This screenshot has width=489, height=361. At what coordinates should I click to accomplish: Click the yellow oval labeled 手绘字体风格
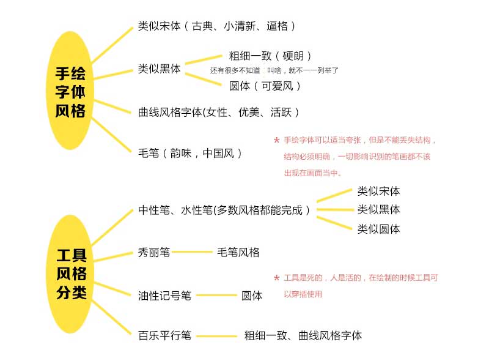70,91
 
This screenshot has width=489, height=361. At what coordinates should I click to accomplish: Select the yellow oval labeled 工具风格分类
70,274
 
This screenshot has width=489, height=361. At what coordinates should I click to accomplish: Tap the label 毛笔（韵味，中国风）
190,154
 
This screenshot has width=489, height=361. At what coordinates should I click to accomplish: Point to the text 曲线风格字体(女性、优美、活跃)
219,112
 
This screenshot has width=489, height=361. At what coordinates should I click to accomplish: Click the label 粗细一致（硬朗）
270,56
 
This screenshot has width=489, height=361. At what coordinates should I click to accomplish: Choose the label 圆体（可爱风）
265,86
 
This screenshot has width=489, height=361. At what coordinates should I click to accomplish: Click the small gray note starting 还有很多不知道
274,70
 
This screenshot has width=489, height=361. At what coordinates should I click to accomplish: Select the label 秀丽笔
154,252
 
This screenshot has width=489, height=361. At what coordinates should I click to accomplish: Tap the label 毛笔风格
238,252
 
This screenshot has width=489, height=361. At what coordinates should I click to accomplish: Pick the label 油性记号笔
164,296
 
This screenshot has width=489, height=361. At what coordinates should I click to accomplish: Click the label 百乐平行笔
164,336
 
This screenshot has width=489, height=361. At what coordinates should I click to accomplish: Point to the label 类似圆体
378,229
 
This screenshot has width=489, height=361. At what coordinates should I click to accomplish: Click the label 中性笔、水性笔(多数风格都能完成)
224,210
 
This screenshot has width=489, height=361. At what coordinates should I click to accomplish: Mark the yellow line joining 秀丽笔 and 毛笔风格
193,251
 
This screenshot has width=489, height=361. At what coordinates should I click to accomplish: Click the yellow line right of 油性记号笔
216,295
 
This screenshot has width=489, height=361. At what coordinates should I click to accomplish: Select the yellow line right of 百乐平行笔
216,336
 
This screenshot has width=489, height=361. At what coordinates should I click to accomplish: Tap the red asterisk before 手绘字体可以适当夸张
276,140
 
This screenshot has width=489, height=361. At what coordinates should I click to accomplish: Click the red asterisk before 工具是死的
276,278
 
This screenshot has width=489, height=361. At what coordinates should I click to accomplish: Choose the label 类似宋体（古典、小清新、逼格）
217,26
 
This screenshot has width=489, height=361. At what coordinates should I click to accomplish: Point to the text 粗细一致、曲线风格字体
303,336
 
